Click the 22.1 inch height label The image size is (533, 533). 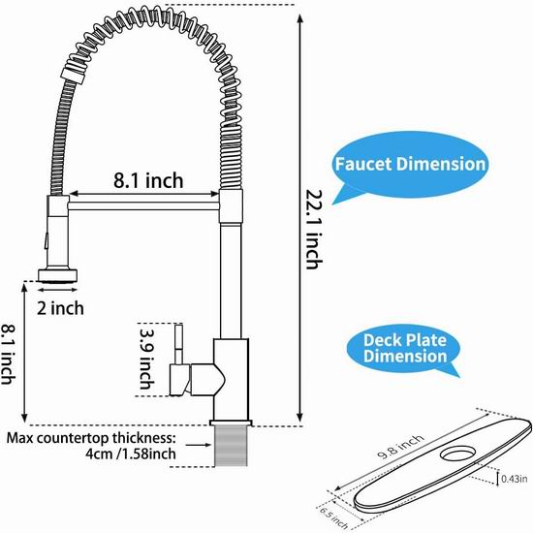[314, 229]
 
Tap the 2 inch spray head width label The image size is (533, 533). [60, 308]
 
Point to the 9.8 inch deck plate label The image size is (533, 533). [401, 447]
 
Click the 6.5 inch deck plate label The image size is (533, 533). [333, 518]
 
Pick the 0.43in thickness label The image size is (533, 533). [515, 479]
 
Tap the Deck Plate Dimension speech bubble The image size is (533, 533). [404, 350]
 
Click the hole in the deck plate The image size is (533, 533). [457, 454]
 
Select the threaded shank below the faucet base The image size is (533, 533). [231, 446]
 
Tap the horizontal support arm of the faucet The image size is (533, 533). [143, 205]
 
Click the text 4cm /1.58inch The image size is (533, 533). [131, 454]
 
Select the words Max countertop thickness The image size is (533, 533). [91, 438]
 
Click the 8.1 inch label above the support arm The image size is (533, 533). [148, 180]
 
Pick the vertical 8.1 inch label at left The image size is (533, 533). [8, 354]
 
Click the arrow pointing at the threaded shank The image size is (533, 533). [199, 445]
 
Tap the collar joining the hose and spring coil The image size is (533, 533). [73, 75]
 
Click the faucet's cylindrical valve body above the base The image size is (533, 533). [232, 379]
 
